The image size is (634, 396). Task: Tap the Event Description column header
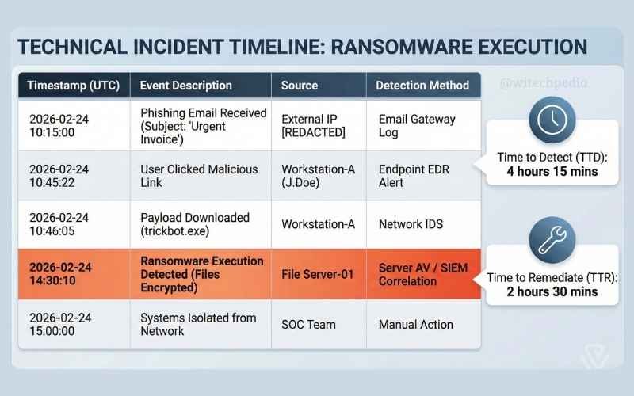pyautogui.click(x=186, y=86)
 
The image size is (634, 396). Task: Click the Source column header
pyautogui.click(x=300, y=86)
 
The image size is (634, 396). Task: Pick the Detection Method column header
pyautogui.click(x=422, y=86)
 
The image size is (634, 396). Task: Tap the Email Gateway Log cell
pyautogui.click(x=417, y=126)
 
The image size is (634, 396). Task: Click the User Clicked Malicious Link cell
pyautogui.click(x=199, y=176)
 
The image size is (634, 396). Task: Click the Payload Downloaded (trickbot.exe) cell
pyautogui.click(x=195, y=224)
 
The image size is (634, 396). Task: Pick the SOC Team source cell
pyautogui.click(x=308, y=325)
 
